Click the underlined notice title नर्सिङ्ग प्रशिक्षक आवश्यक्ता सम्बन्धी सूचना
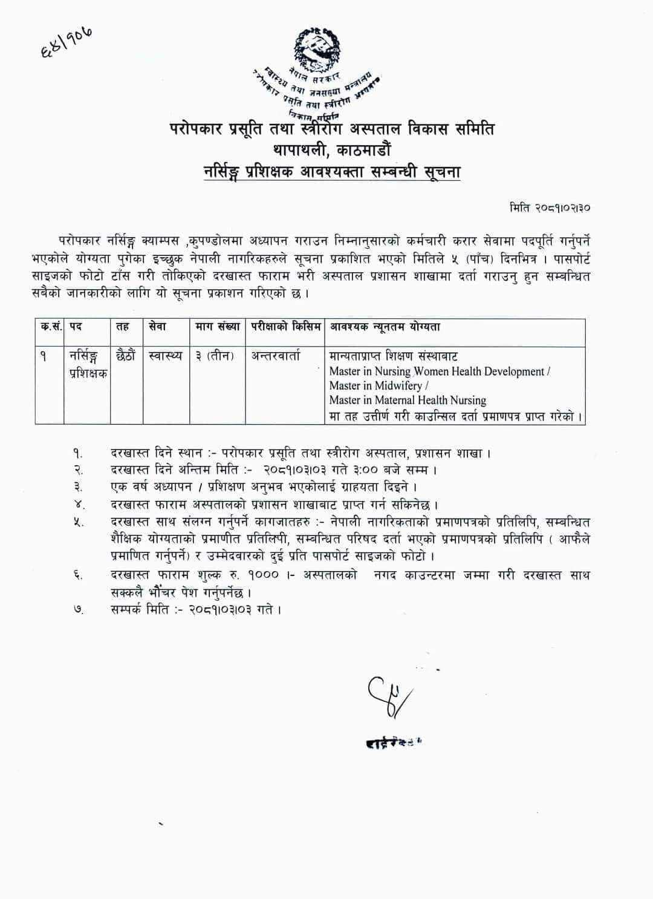point(332,172)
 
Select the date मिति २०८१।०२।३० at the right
point(550,208)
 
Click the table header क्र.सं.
point(50,327)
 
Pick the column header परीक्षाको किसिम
point(285,327)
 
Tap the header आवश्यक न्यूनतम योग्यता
point(385,327)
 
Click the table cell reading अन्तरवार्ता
point(276,356)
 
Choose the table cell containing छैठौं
point(126,356)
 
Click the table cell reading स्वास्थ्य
point(165,356)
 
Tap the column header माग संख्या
point(218,327)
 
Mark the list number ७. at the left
point(78,609)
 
